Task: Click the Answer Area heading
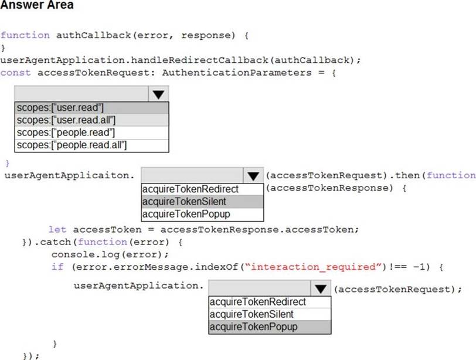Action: (x=37, y=5)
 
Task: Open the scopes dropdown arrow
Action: (x=158, y=94)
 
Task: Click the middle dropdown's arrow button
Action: (x=253, y=175)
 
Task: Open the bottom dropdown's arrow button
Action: (x=319, y=288)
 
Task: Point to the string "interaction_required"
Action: (x=313, y=267)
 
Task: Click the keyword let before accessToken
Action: (x=57, y=229)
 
